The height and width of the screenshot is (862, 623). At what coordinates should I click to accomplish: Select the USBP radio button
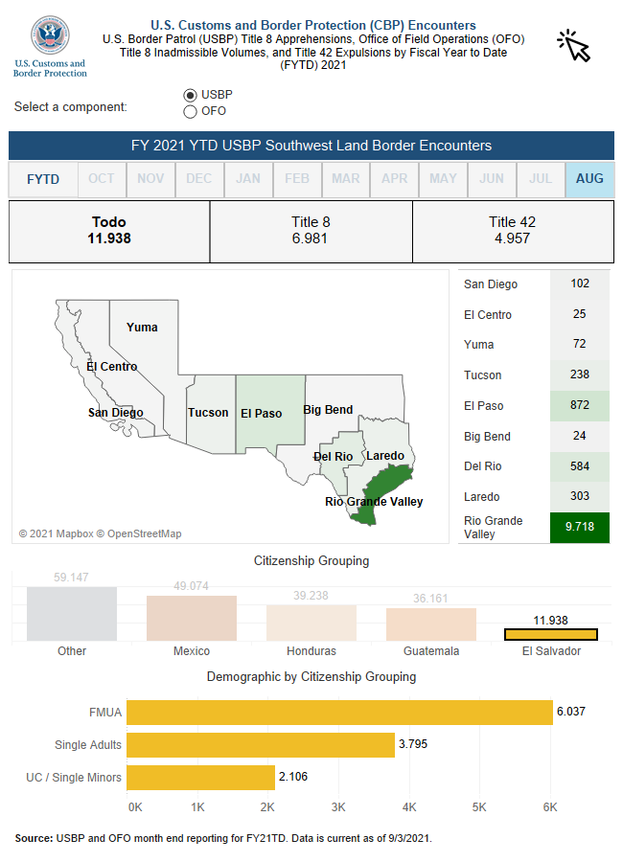190,95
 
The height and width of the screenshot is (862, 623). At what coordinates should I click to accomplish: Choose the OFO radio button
190,111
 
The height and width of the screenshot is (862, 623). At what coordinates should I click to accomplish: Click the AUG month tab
589,179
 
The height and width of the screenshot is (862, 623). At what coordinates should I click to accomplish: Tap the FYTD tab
43,179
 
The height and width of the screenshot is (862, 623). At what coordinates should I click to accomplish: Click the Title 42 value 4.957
512,238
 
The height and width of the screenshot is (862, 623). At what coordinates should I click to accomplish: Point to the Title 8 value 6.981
310,238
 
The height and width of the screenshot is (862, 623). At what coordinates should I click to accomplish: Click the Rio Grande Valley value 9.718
580,528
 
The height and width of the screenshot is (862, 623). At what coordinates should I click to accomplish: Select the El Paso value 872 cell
580,405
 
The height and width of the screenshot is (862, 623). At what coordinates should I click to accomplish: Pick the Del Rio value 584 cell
580,466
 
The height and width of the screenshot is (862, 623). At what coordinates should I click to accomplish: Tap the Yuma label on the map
142,328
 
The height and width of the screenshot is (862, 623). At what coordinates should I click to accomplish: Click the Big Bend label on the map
328,410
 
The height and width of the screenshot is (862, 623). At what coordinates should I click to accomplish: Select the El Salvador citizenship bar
551,634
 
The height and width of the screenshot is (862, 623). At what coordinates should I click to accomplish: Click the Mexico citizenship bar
192,618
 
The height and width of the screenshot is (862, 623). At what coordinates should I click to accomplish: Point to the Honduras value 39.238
311,596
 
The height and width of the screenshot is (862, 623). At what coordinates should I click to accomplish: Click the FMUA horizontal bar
339,712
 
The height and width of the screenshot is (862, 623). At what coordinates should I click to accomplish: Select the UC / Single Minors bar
200,777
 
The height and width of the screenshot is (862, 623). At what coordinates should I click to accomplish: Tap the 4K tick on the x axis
409,807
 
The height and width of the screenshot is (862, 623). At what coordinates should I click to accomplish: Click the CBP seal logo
50,36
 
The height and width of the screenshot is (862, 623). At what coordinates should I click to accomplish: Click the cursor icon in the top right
574,45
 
